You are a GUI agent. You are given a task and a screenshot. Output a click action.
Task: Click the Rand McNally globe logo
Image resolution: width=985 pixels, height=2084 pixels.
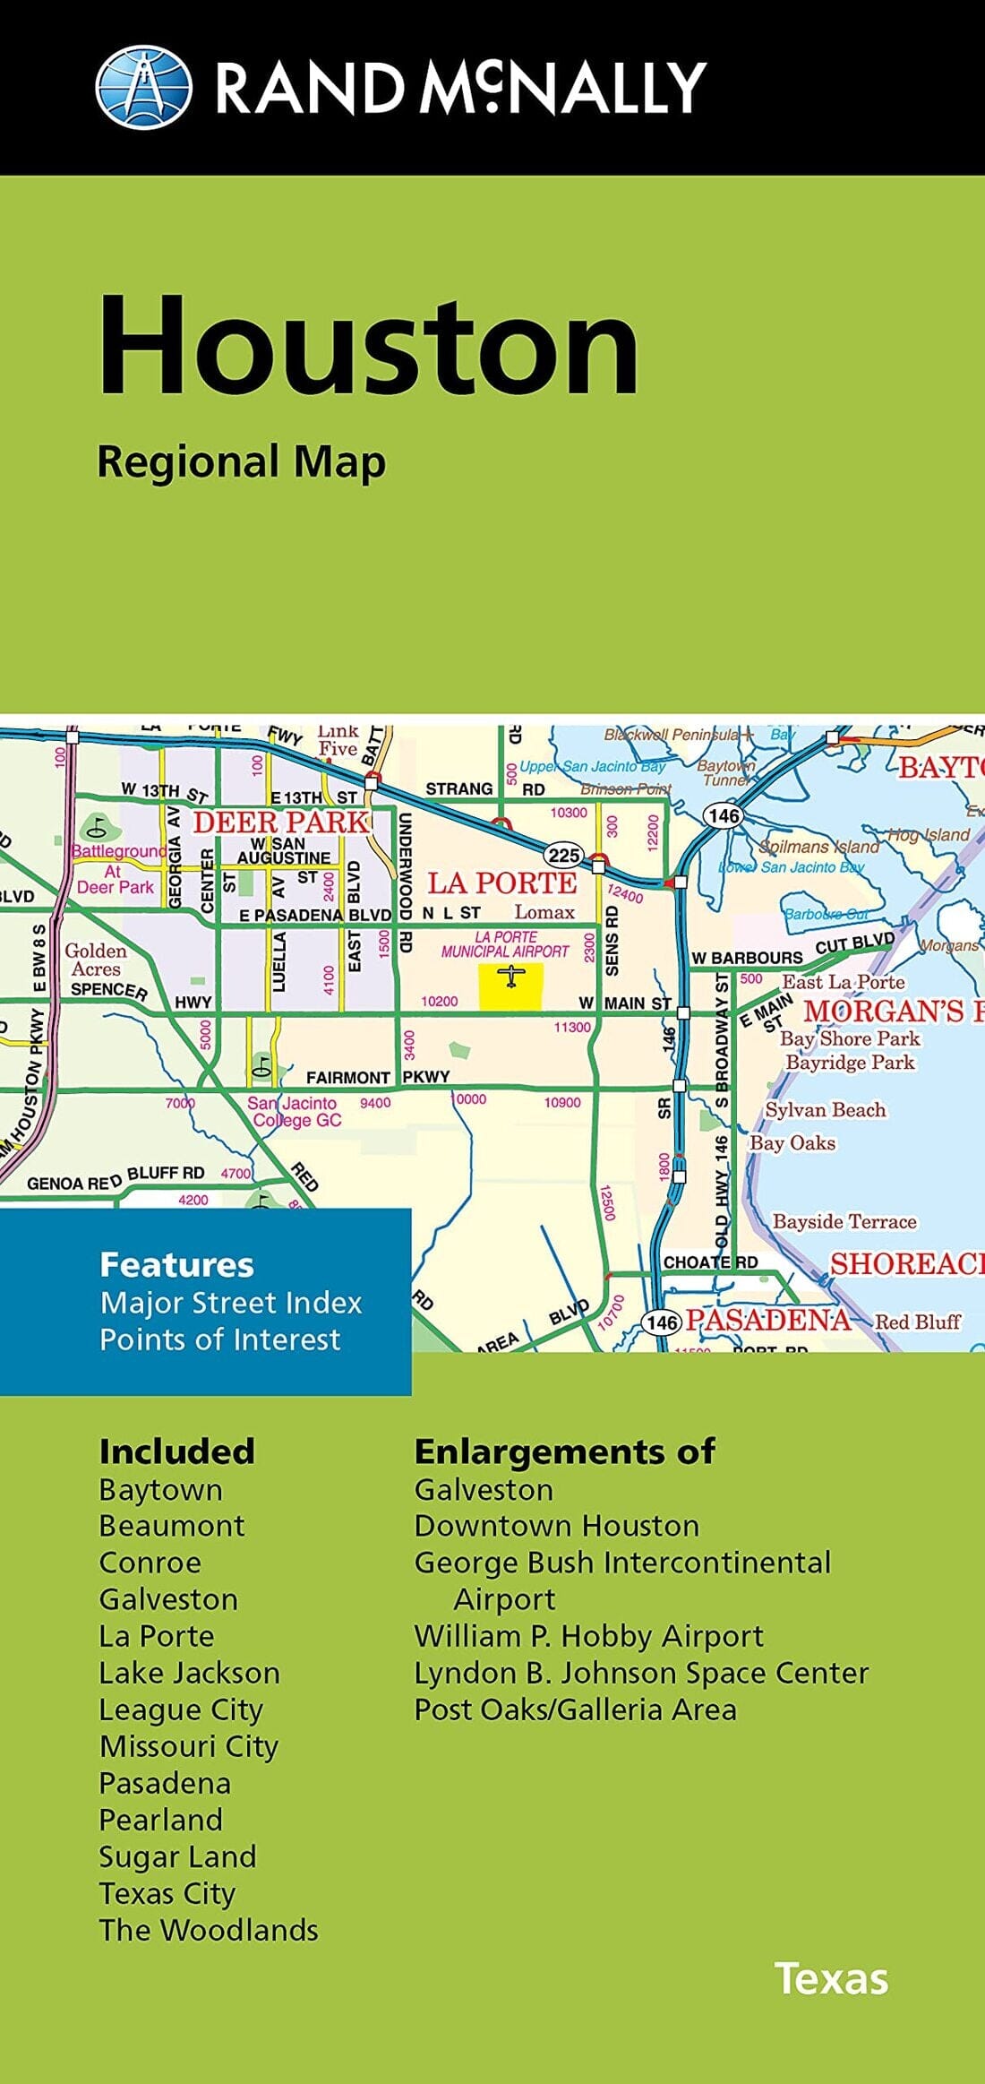point(143,87)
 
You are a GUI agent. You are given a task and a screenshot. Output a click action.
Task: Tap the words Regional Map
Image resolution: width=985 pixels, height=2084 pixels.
point(241,463)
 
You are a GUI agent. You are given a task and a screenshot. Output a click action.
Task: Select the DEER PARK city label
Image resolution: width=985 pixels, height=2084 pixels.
point(280,822)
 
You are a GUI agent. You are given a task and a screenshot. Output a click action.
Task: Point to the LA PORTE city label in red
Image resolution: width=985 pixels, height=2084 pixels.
point(502,883)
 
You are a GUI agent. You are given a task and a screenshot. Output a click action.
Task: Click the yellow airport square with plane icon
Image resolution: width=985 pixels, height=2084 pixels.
point(510,987)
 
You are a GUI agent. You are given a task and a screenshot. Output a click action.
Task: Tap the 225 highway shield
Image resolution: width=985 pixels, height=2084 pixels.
point(563,855)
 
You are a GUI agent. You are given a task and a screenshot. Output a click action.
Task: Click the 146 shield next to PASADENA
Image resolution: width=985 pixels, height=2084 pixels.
point(662,1322)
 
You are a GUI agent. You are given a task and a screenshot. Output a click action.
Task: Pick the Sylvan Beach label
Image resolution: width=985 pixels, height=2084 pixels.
point(825,1110)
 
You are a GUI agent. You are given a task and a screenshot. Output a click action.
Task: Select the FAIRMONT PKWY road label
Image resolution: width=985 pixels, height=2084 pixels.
point(377,1077)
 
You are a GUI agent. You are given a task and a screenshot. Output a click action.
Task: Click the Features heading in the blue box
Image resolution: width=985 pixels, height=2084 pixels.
point(176,1265)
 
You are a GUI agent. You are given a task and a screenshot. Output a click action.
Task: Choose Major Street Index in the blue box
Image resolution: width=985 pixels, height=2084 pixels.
point(230,1303)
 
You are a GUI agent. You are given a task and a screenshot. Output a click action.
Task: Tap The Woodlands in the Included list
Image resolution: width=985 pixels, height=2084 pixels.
point(209,1930)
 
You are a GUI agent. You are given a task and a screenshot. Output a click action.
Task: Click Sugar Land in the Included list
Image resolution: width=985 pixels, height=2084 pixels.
point(177,1856)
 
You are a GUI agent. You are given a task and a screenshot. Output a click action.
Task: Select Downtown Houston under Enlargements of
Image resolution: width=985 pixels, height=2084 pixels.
point(556,1526)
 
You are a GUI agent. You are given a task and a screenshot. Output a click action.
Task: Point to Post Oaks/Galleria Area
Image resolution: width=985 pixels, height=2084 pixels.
point(575,1709)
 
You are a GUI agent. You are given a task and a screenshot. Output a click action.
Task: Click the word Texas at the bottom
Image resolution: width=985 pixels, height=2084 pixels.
point(831,1979)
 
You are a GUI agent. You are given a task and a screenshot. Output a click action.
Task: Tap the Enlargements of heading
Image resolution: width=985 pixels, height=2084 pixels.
point(564,1451)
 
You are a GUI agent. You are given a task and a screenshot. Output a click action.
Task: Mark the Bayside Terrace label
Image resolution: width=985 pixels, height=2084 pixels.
point(844,1222)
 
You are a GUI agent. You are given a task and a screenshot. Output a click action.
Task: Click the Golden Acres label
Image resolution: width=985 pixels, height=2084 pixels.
point(96,960)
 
